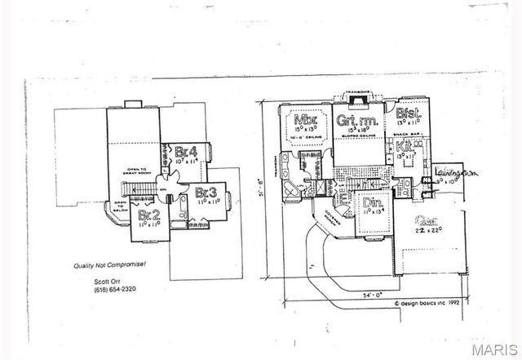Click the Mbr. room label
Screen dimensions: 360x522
point(307,122)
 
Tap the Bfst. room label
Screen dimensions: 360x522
point(408,115)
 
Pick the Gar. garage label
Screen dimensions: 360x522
point(425,220)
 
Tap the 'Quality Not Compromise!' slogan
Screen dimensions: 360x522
point(97,265)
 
